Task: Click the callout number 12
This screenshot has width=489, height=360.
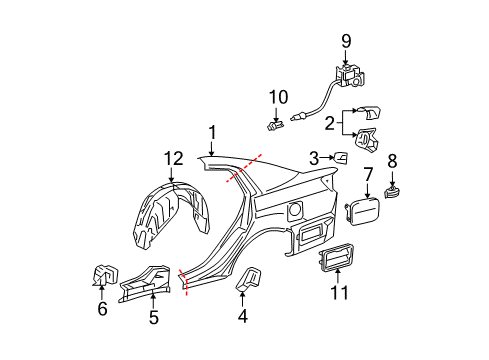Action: point(173,159)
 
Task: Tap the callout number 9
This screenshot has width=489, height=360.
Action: point(346,41)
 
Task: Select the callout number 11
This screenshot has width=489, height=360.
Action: point(339,293)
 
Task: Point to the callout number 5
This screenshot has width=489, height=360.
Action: point(153,317)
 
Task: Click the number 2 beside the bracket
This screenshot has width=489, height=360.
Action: point(330,123)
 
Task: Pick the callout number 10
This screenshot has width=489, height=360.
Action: point(278,97)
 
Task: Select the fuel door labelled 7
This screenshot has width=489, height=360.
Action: point(362,211)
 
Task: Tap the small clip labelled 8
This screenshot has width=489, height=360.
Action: point(392,192)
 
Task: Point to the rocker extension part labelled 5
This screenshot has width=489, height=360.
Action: point(145,283)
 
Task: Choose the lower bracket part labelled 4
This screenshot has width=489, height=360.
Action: point(249,278)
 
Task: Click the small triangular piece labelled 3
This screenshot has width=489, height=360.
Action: point(340,158)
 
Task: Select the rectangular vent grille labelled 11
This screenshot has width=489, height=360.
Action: point(337,257)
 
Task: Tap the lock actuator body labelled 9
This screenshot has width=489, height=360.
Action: point(350,75)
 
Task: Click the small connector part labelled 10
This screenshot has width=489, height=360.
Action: point(276,125)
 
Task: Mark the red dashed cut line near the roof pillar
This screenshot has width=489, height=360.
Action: point(244,168)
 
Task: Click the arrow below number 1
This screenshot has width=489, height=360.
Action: point(212,148)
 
